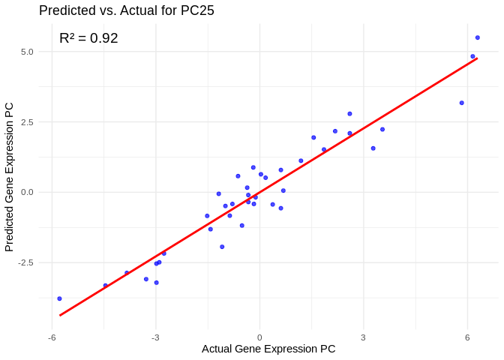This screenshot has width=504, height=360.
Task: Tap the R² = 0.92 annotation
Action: pos(88,38)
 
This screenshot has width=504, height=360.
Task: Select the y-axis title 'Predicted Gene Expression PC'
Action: pos(10,177)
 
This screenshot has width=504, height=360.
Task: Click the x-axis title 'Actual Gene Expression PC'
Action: pos(268,349)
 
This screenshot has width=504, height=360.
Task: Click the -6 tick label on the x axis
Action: pos(52,337)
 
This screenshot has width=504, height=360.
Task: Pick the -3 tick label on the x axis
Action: pos(155,337)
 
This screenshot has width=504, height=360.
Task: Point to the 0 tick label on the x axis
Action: pos(259,337)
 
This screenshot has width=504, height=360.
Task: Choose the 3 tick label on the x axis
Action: pos(363,337)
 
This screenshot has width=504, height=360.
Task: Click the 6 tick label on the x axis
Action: pos(467,337)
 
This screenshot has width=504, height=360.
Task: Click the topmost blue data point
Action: pos(477,37)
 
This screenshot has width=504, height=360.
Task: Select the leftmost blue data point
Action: pos(59,298)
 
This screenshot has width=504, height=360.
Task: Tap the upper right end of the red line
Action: pos(477,58)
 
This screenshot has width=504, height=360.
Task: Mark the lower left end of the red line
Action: pos(60,315)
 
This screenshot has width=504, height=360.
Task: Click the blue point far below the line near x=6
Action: pos(461,103)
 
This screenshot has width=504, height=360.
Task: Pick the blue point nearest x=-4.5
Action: pos(106,286)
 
